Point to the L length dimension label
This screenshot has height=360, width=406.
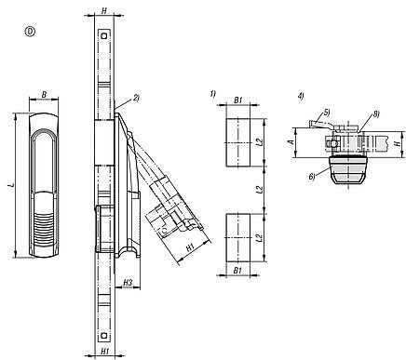10,186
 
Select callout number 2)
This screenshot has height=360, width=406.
135,97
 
